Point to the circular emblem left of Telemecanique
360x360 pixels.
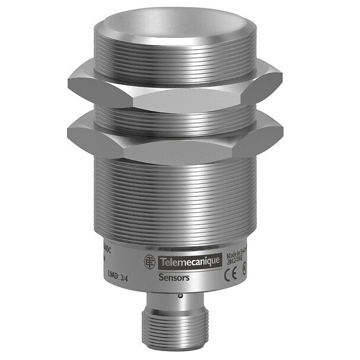coord(151,261)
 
